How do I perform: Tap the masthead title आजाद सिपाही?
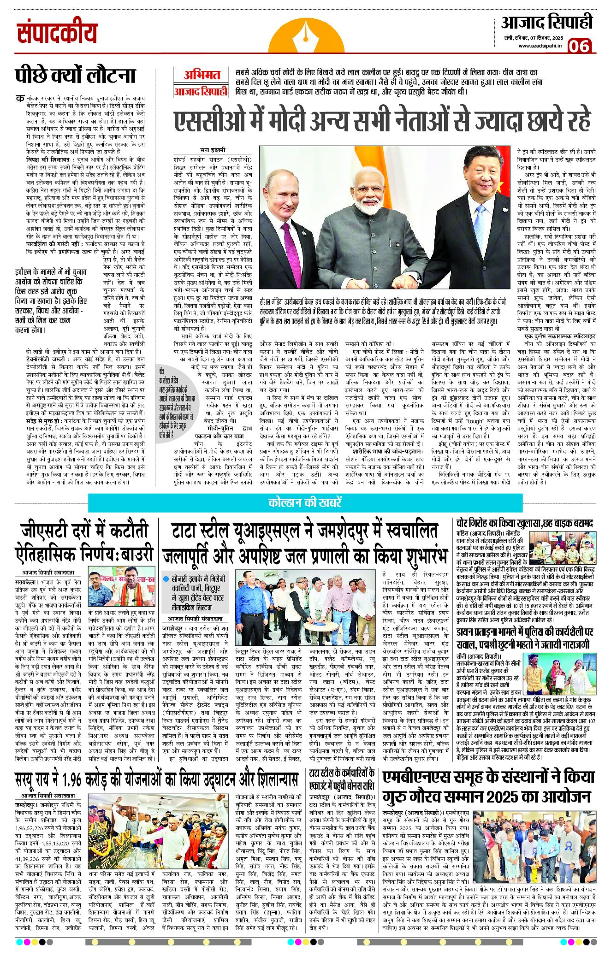pos(546,22)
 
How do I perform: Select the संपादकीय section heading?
pos(57,33)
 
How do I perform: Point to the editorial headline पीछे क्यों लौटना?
pos(75,76)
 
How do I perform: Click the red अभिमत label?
pos(202,75)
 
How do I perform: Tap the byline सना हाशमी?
pos(213,150)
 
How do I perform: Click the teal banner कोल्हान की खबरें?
pos(305,502)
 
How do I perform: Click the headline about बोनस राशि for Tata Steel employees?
pos(342,780)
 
